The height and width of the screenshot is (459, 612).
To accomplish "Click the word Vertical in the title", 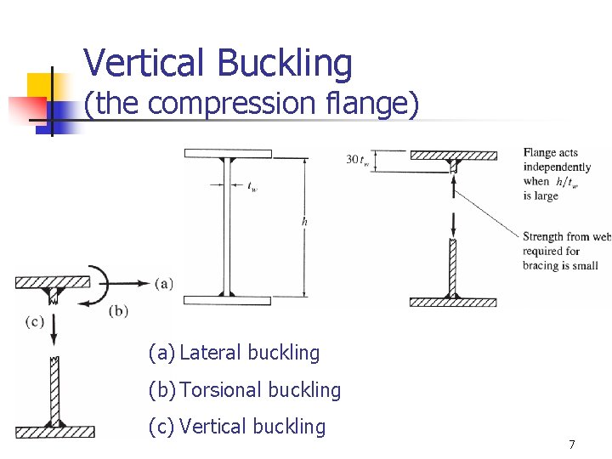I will tap(145, 63).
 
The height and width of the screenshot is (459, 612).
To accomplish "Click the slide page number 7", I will tap(572, 445).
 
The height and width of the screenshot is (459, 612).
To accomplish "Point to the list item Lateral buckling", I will tap(234, 353).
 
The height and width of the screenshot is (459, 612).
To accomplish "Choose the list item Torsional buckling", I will tap(245, 390).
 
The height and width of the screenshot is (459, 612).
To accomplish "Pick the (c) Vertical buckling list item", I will tap(237, 427).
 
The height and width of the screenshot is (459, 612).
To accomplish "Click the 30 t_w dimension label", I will tap(357, 159).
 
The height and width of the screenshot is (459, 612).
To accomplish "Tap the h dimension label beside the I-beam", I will tap(305, 222).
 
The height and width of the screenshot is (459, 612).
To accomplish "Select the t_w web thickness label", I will tap(252, 190).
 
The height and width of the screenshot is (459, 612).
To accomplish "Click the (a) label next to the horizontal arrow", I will tap(164, 283).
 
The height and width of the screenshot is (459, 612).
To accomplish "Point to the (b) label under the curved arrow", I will tap(119, 311).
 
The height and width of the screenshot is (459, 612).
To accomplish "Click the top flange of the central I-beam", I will tap(227, 154).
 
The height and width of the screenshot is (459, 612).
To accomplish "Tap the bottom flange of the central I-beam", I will tap(227, 300).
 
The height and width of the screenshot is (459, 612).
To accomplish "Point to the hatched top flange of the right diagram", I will tap(453, 156).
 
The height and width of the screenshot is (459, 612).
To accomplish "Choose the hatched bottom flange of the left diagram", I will tap(55, 431).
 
